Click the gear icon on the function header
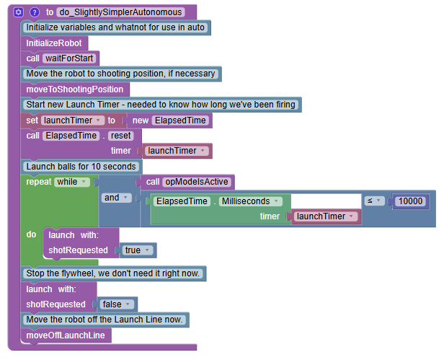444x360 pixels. (19, 12)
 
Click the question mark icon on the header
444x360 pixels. (34, 12)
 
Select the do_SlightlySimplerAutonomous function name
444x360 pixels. (120, 12)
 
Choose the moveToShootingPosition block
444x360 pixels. (75, 89)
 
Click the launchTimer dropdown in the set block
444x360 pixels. (72, 120)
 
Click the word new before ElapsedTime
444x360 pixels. (141, 120)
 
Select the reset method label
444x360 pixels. (121, 135)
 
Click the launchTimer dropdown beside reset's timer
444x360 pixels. (177, 151)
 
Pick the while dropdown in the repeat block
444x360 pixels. (73, 182)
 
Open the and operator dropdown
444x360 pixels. (115, 197)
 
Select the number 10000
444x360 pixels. (412, 201)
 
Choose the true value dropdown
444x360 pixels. (137, 250)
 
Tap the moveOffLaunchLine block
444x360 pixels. (66, 335)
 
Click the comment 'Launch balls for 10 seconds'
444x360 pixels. (81, 167)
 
